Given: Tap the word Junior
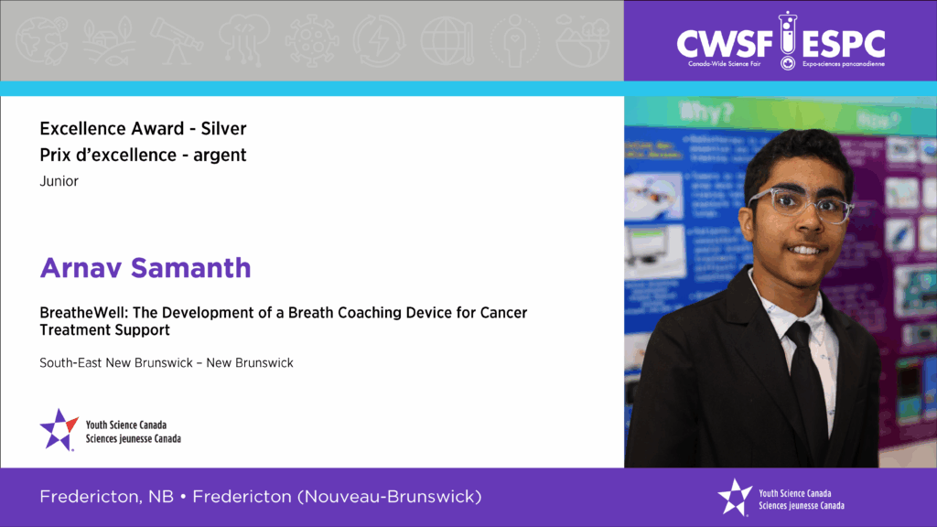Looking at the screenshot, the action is (59, 181).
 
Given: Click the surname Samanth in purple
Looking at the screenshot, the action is (191, 268).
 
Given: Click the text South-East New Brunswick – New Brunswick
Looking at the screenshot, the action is (167, 362).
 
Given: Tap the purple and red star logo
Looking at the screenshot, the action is (59, 430).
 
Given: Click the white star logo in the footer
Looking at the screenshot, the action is (735, 497).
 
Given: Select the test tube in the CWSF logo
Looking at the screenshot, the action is (788, 39).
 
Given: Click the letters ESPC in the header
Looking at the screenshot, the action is (843, 44).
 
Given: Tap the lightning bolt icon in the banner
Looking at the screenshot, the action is (379, 40).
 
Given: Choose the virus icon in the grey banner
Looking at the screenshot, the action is (311, 40).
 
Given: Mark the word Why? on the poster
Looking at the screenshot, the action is (705, 113).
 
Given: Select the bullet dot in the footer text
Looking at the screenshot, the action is (183, 497).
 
